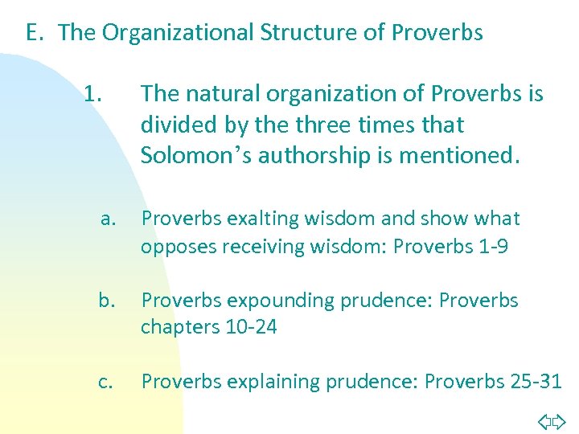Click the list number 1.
pyautogui.click(x=92, y=95)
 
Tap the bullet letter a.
pyautogui.click(x=109, y=219)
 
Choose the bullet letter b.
pyautogui.click(x=106, y=301)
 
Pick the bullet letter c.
pyautogui.click(x=105, y=382)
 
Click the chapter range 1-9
pyautogui.click(x=491, y=246)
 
